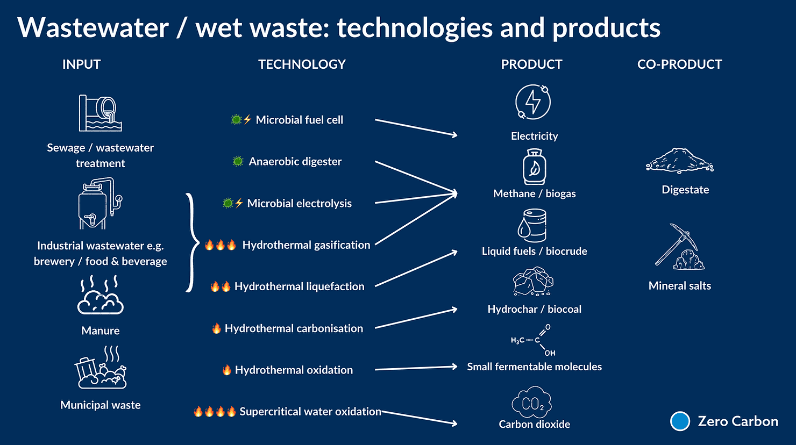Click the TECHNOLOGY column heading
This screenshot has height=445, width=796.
pyautogui.click(x=302, y=64)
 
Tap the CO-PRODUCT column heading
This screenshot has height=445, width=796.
pyautogui.click(x=679, y=64)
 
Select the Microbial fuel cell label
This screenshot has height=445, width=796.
pyautogui.click(x=299, y=120)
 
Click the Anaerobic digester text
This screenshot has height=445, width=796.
pyautogui.click(x=295, y=161)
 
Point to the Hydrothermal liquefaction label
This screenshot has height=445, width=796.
pyautogui.click(x=299, y=286)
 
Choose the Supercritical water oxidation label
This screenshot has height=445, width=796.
pyautogui.click(x=310, y=412)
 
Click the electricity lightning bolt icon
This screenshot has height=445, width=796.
pyautogui.click(x=533, y=102)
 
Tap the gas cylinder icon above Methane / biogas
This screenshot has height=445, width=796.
pyautogui.click(x=534, y=167)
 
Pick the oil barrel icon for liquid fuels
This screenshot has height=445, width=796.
pyautogui.click(x=532, y=226)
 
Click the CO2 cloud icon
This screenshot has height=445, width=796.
pyautogui.click(x=532, y=402)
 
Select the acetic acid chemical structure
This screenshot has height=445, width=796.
pyautogui.click(x=532, y=340)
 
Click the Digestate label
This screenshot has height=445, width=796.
pyautogui.click(x=685, y=190)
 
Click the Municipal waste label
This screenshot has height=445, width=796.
pyautogui.click(x=101, y=405)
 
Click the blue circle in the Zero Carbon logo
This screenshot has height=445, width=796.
pyautogui.click(x=680, y=421)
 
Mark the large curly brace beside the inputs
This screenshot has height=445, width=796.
pyautogui.click(x=190, y=243)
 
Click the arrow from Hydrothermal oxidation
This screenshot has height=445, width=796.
pyautogui.click(x=416, y=368)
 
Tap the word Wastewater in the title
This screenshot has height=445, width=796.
pyautogui.click(x=93, y=28)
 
